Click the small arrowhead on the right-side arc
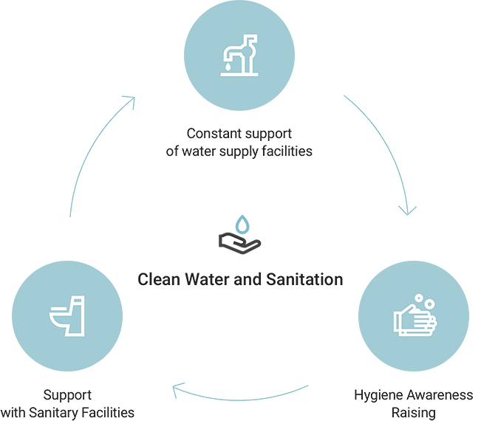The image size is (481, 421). (407, 210)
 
